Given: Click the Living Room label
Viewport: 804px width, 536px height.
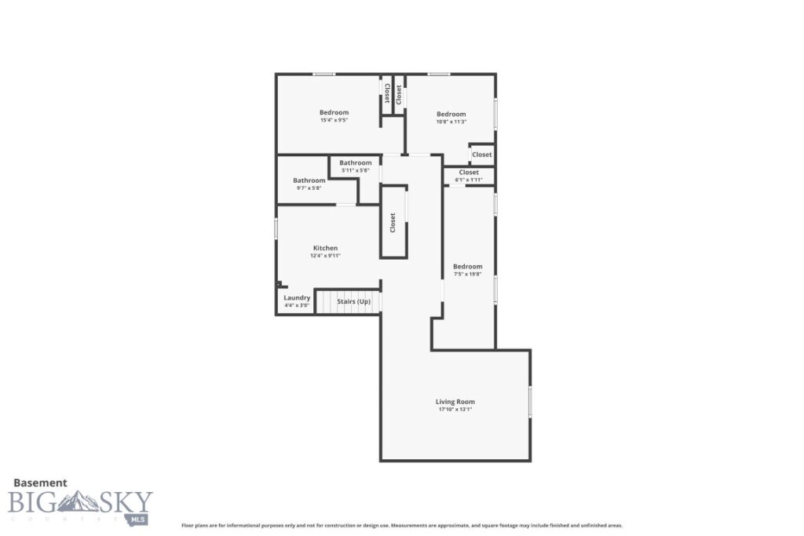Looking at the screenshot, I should [455, 402].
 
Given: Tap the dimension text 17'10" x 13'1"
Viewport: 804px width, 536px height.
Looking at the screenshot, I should [455, 410].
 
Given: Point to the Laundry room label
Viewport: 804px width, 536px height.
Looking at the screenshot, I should [297, 298].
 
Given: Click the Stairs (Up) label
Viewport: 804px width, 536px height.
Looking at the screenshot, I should [353, 301].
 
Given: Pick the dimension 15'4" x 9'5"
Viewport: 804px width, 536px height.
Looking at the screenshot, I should [334, 121].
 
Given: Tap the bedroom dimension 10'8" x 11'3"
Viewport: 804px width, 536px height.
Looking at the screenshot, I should [451, 122].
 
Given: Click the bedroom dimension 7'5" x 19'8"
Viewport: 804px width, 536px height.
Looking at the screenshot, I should [468, 274].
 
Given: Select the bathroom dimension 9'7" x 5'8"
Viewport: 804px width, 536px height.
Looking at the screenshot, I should [309, 188].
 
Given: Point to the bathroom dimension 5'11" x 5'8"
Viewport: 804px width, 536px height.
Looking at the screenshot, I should [355, 170].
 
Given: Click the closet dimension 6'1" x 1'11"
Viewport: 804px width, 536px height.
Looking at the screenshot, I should [469, 180].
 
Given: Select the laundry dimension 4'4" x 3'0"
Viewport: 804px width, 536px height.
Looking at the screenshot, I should [297, 305].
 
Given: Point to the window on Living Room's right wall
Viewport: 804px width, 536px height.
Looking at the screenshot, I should [530, 402].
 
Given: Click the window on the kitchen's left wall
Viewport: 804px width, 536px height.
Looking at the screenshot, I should [276, 228].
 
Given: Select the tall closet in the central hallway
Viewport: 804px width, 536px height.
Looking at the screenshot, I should [393, 222].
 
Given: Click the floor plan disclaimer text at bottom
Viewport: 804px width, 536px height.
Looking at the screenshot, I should [402, 526].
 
